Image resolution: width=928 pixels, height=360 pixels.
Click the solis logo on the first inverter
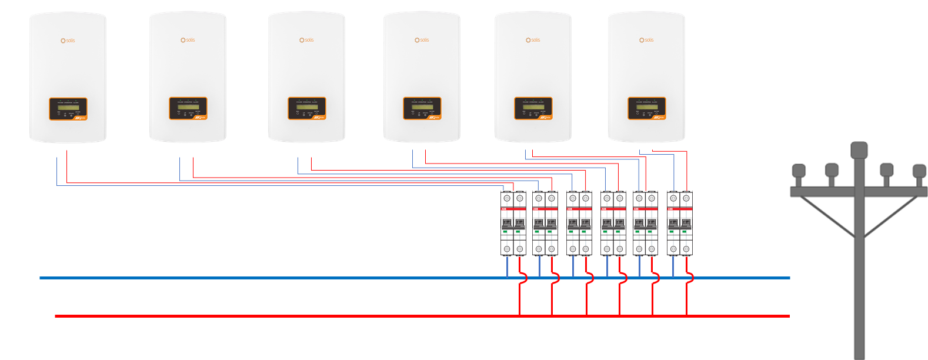click(68, 41)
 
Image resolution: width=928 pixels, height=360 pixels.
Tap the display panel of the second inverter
click(188, 109)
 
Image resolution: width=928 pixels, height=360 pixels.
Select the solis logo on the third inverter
click(306, 40)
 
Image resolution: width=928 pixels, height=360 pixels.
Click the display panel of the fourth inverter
click(422, 109)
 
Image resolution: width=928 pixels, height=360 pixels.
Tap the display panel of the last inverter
click(647, 109)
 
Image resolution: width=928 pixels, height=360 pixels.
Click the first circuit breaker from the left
click(513, 224)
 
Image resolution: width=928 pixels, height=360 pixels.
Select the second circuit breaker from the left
click(545, 224)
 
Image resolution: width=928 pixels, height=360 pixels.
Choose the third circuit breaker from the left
click(579, 224)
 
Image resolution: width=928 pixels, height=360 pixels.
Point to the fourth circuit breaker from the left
click(613, 224)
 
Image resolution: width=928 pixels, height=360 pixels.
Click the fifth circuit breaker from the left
click(646, 224)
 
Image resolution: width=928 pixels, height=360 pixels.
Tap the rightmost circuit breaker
click(680, 224)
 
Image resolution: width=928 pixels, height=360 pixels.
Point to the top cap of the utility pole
click(859, 149)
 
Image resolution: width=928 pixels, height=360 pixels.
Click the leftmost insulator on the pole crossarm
click(799, 171)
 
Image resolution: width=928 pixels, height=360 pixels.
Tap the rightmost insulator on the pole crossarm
click(919, 171)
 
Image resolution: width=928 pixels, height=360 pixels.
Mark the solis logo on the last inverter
click(646, 40)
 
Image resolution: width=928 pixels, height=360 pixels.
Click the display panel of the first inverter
click(68, 109)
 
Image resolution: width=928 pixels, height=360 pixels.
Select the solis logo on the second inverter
click(188, 40)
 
